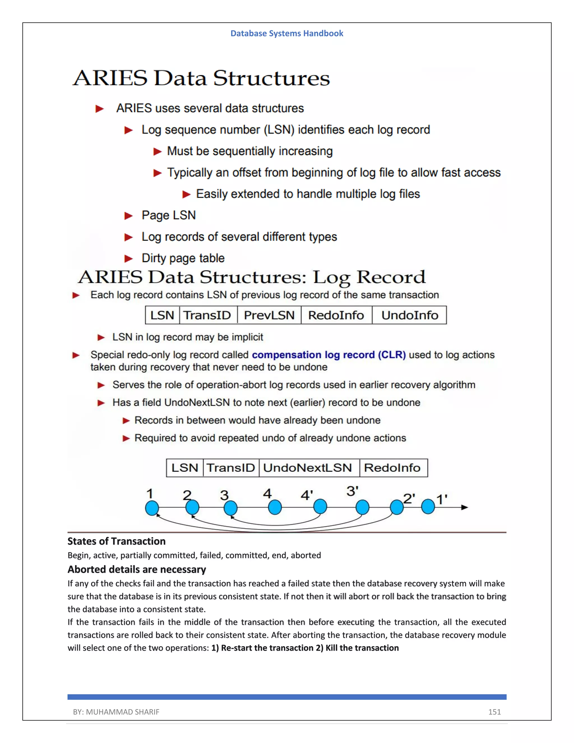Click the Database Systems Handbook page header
[x=287, y=33]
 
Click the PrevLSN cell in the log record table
[x=269, y=315]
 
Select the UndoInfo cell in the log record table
[x=409, y=315]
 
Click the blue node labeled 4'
[x=320, y=507]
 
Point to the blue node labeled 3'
[x=362, y=507]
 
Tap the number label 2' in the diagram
[x=409, y=499]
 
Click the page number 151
[x=494, y=712]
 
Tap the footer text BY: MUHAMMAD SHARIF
[x=116, y=712]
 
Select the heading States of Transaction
[x=116, y=541]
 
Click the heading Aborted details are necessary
[x=137, y=569]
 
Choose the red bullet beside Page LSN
[x=128, y=216]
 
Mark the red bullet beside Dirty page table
[x=128, y=259]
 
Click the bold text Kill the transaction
[x=362, y=648]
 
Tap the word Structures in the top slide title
[x=271, y=78]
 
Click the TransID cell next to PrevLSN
[x=207, y=315]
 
